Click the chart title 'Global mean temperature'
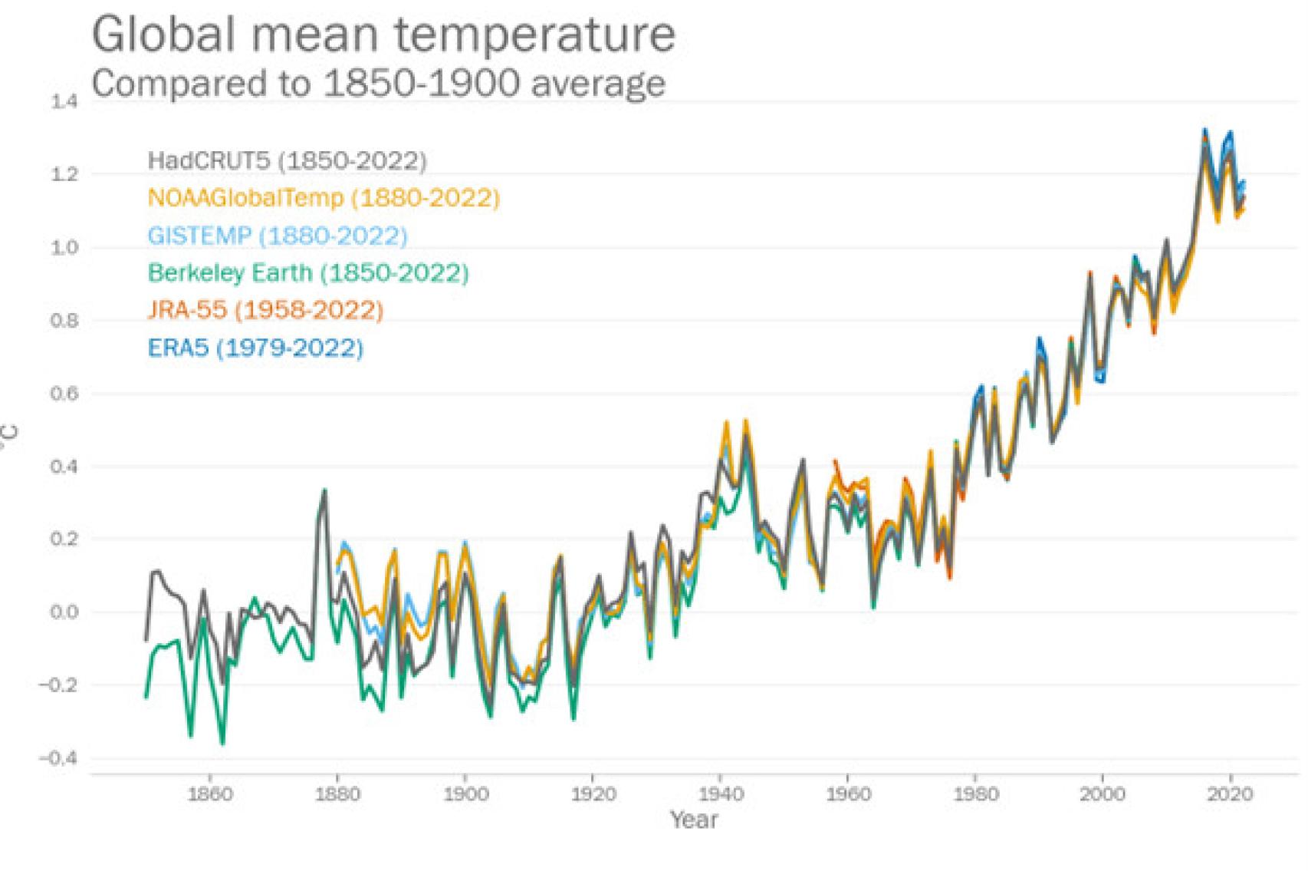coord(383,35)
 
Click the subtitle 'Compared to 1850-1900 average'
coord(378,83)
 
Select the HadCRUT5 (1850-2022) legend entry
coord(287,160)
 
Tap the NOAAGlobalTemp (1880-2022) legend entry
coord(324,198)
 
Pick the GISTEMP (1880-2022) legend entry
coord(278,235)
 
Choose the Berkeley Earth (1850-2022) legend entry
coord(308,272)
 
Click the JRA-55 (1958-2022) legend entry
coord(265,310)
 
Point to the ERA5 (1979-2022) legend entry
coord(255,348)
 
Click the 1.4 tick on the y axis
coord(64,101)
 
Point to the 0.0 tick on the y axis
coord(64,612)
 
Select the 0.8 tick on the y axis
coord(64,321)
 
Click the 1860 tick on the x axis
coord(210,793)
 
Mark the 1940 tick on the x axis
coord(720,793)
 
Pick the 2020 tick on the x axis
coord(1230,793)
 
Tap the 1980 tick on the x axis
coord(975,793)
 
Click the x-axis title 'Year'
coord(694,820)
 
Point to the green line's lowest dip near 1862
coord(222,743)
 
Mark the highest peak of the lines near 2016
coord(1204,130)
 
